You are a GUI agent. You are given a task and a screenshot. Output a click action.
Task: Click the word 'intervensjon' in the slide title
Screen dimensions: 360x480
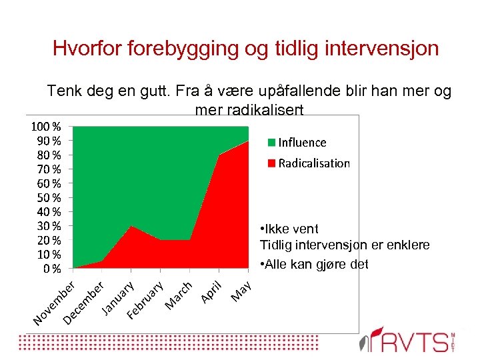(376, 49)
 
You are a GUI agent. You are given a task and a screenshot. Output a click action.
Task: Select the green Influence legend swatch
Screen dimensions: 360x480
(271, 142)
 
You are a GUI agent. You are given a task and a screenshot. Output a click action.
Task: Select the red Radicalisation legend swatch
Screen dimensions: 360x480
(271, 163)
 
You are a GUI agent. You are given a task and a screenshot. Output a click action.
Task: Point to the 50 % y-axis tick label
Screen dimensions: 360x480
(48, 197)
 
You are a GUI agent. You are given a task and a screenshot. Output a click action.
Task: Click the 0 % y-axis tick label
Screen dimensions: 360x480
(51, 269)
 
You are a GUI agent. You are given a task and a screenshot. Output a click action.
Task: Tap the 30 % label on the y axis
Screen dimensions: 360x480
(48, 225)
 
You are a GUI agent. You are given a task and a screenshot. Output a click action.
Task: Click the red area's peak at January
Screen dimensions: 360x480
(131, 227)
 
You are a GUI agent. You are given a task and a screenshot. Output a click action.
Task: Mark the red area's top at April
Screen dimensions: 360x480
(219, 155)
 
